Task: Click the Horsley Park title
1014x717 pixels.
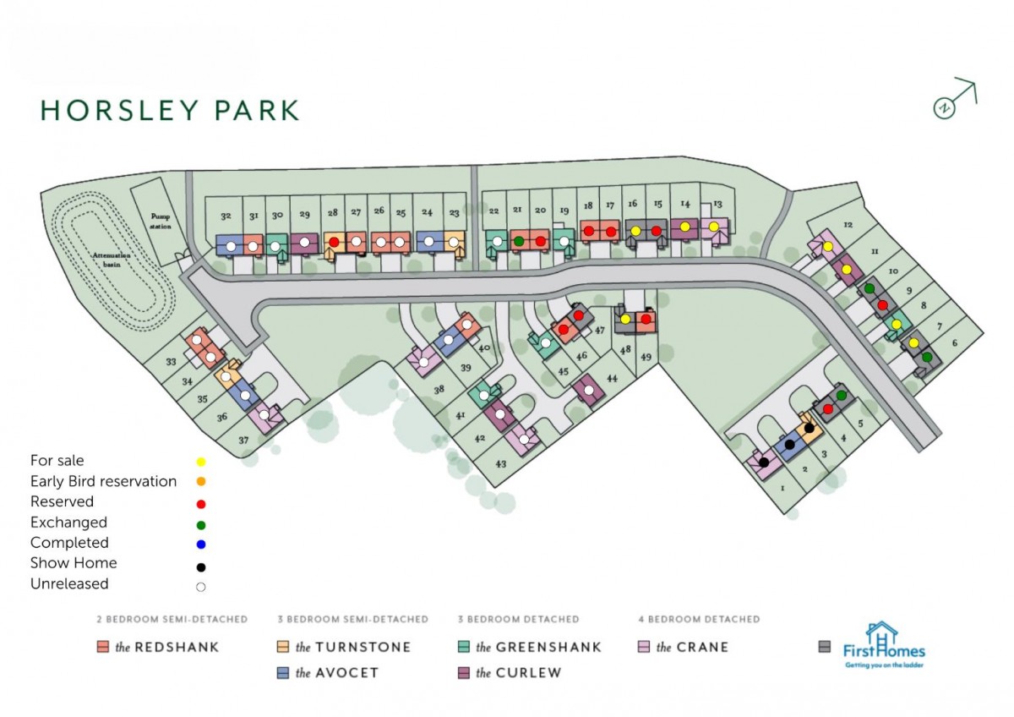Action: click(170, 110)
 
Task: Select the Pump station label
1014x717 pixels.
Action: click(155, 219)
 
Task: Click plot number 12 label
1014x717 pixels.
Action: click(848, 225)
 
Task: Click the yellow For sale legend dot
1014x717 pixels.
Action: click(201, 462)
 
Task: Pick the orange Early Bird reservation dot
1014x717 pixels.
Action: click(201, 482)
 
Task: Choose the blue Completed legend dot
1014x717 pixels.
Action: click(201, 544)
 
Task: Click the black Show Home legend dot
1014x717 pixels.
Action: click(201, 566)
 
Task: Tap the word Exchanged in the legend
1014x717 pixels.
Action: click(68, 523)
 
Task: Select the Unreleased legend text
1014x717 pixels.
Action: click(69, 584)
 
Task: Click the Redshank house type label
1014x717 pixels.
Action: click(166, 648)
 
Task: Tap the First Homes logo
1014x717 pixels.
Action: click(882, 647)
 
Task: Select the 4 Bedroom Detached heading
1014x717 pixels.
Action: click(698, 620)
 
